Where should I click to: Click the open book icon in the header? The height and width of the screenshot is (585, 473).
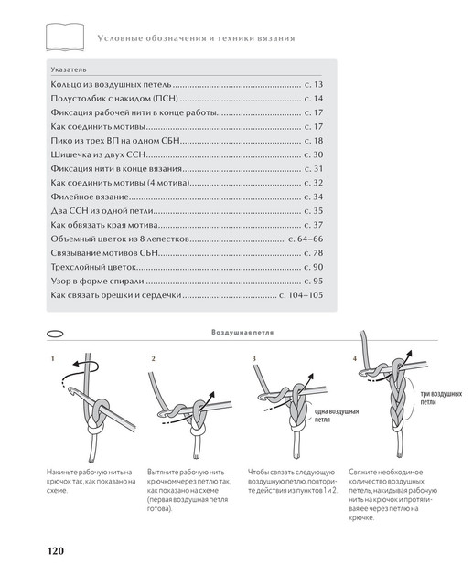pos(65,37)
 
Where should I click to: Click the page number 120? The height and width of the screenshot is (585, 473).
pos(56,550)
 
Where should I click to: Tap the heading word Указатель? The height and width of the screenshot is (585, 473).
pos(69,69)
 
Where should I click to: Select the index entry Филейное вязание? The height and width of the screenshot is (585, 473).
pos(90,197)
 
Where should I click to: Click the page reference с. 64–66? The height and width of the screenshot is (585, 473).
pos(306,239)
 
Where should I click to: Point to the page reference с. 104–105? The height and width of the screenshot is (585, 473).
pos(301,295)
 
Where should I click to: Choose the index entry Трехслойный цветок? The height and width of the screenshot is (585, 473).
pos(93,267)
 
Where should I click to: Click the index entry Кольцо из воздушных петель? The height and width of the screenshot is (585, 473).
pos(112,85)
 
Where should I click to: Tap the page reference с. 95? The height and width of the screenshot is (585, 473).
pos(314,281)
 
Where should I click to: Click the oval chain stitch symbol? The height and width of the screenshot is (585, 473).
pos(55,334)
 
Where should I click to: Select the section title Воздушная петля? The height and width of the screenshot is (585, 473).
pos(242,332)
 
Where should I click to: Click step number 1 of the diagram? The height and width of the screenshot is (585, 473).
pos(53,359)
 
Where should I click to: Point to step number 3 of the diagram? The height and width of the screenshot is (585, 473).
pos(253,359)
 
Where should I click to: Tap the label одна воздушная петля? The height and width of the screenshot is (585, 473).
pos(337,415)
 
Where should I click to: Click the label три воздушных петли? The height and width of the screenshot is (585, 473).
pos(441,398)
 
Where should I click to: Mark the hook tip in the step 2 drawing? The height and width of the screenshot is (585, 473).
pos(160,414)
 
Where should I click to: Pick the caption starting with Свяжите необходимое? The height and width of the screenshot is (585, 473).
pos(392,495)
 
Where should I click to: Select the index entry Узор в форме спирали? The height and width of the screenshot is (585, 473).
pos(98,282)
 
